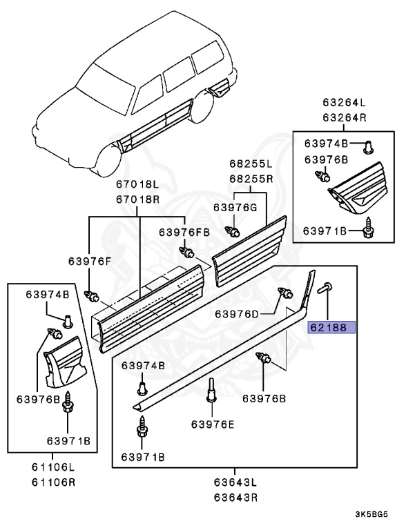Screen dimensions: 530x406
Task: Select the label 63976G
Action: pos(234,207)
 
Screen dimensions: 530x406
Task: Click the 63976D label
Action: pos(238,313)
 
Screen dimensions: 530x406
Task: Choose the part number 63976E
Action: pos(213,424)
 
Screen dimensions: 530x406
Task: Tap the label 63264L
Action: pos(345,104)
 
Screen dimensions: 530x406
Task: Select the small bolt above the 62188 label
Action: pos(325,289)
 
